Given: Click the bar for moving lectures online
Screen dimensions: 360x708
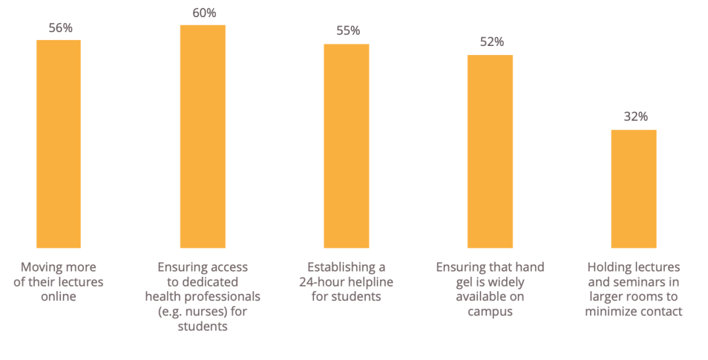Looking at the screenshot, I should coord(58,144).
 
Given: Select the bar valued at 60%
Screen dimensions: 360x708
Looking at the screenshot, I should coord(203,136).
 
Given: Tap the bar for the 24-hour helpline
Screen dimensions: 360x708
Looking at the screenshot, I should coord(346,146).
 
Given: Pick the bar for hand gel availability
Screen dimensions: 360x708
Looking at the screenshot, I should coord(490,151).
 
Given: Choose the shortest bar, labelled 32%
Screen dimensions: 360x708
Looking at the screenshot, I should coord(633,189).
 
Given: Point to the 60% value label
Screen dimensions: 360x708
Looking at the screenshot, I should coord(203,13).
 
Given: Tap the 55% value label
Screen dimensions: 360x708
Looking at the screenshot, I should coord(346,31).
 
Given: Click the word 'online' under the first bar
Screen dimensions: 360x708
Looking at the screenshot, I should coord(58,297).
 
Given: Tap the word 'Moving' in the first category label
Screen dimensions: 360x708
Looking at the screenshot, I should coord(41,268).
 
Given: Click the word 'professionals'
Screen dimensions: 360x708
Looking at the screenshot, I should coord(225,297).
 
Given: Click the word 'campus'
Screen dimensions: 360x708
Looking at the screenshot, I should coord(490,311).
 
